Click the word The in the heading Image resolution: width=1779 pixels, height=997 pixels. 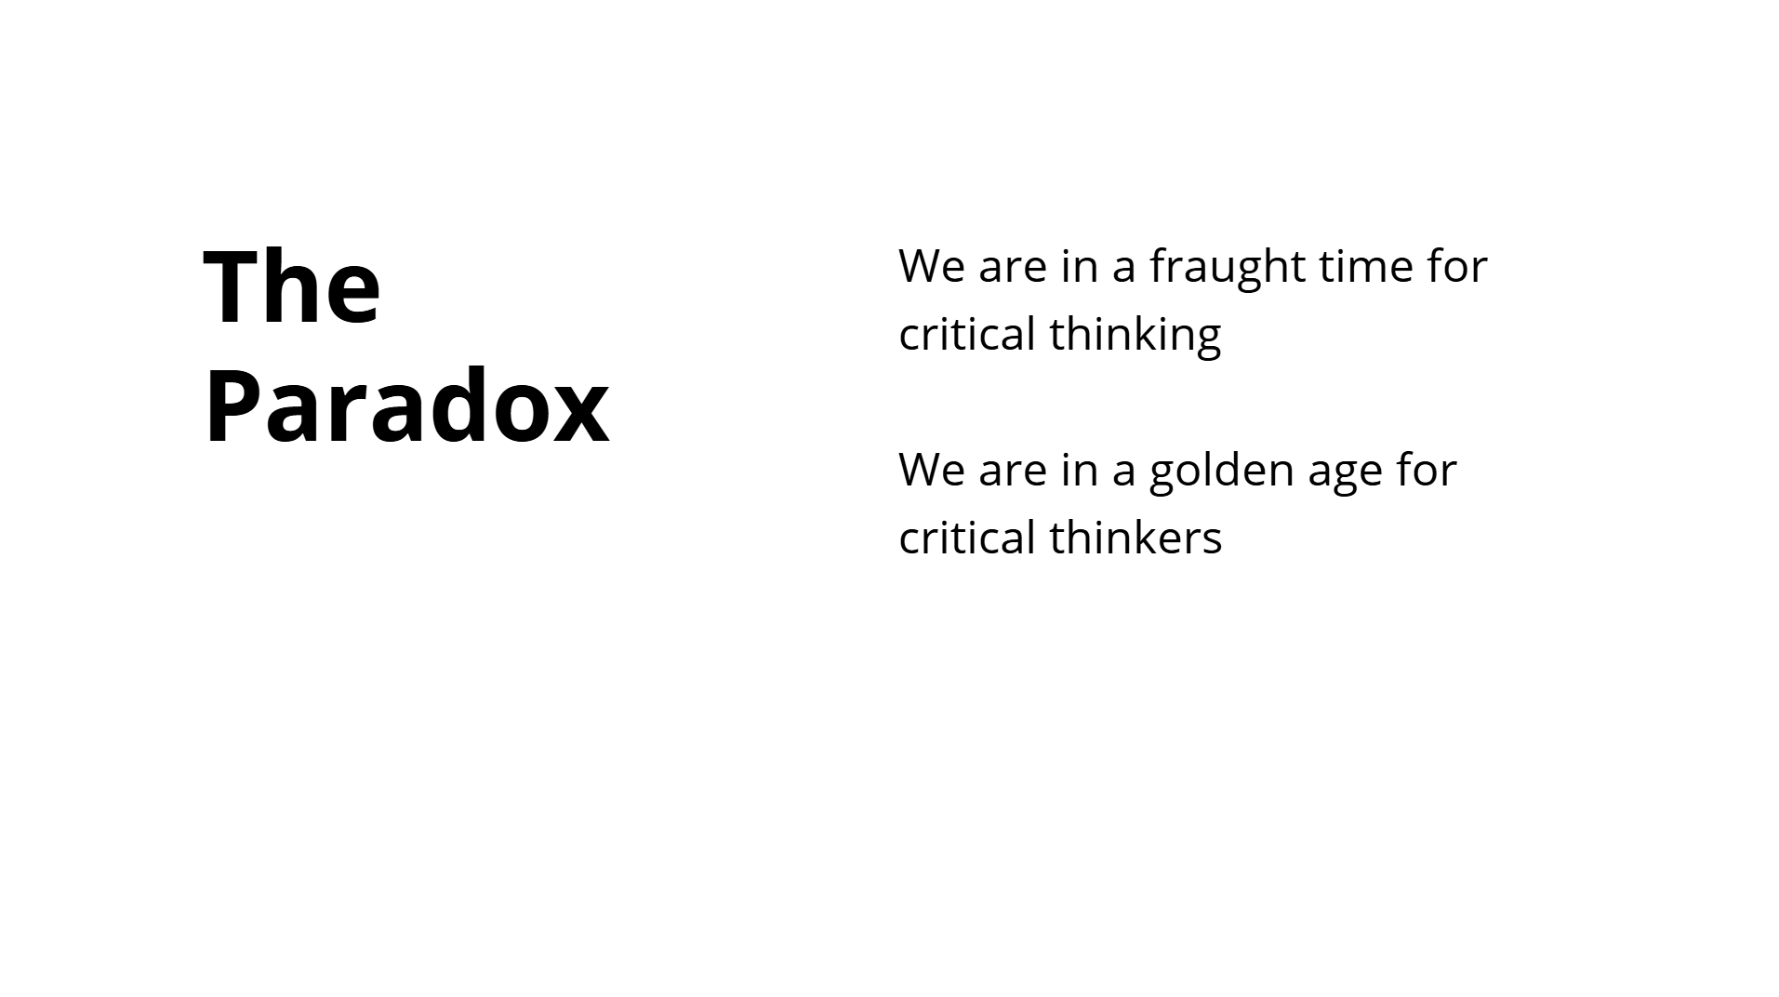point(292,286)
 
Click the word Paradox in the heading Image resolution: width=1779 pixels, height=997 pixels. point(406,406)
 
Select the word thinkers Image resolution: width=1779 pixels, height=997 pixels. point(1135,538)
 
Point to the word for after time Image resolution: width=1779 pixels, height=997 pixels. point(1457,265)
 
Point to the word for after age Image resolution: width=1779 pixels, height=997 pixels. point(1426,469)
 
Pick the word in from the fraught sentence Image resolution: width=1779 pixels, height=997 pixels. point(1080,267)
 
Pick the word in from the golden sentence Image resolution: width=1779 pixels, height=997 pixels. point(1080,471)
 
